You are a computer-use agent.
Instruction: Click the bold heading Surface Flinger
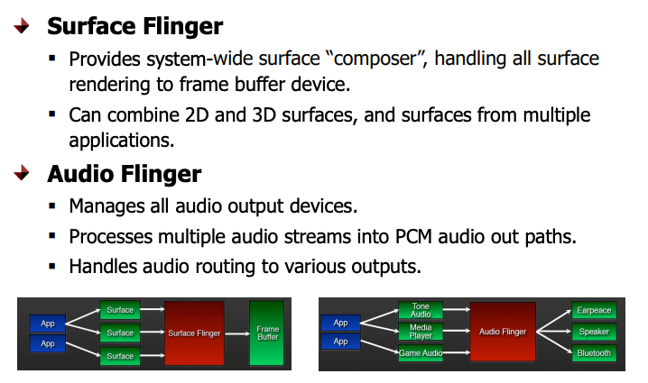(134, 25)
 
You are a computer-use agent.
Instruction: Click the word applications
(121, 141)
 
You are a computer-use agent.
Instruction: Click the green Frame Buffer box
(266, 333)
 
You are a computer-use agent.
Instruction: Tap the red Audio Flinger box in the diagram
(503, 332)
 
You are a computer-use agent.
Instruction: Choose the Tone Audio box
(421, 311)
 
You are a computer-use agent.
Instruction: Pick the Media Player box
(421, 332)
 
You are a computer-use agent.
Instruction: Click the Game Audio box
(421, 353)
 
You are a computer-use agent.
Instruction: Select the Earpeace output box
(593, 311)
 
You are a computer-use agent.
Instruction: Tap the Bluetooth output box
(593, 353)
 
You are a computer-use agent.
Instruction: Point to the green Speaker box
(593, 332)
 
